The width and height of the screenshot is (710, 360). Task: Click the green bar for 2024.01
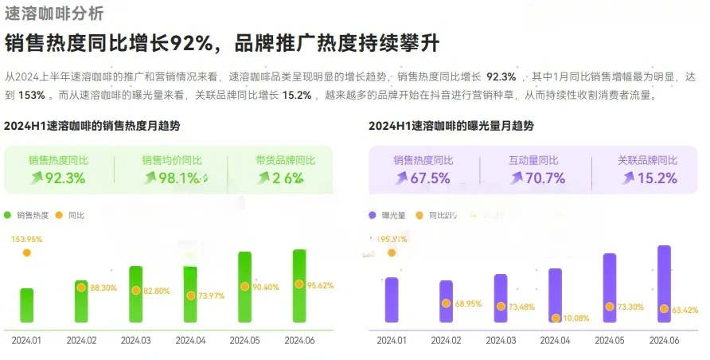click(27, 306)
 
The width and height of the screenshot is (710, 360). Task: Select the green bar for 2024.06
click(299, 287)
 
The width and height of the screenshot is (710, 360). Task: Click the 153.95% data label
click(27, 239)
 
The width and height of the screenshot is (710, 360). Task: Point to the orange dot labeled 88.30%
click(81, 288)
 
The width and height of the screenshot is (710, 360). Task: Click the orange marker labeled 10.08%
click(556, 318)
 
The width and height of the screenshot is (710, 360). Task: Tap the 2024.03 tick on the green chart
click(135, 340)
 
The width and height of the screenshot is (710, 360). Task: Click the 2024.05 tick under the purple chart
click(609, 340)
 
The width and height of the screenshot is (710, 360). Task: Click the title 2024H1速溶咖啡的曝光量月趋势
click(451, 126)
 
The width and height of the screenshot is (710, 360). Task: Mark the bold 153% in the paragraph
click(31, 95)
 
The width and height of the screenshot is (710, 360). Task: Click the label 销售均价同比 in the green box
click(172, 160)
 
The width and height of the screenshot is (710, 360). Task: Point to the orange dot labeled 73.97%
click(190, 295)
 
